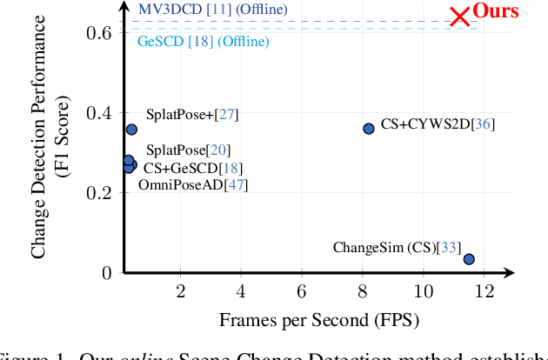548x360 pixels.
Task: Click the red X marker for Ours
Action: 459,17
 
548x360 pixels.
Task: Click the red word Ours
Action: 495,11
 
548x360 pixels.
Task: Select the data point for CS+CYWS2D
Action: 368,128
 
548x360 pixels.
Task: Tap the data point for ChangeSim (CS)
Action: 469,258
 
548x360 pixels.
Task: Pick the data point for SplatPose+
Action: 131,130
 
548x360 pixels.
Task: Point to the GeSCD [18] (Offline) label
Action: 204,41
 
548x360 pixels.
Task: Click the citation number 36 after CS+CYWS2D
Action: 483,124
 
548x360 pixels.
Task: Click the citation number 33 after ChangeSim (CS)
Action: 450,248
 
